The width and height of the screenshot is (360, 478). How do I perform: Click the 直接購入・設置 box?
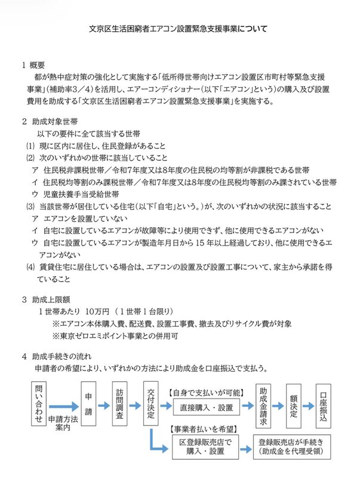(x=205, y=407)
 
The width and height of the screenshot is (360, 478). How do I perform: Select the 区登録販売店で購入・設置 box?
(x=205, y=447)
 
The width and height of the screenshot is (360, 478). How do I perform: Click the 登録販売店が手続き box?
(x=290, y=447)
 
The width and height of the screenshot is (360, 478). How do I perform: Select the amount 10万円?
(x=96, y=311)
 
